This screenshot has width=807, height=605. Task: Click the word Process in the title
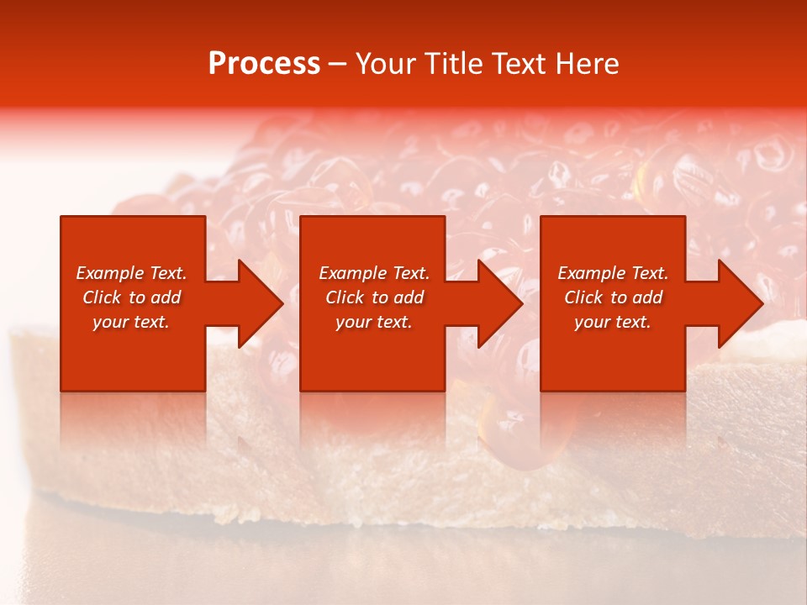[264, 64]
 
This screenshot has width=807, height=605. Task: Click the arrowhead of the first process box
[261, 303]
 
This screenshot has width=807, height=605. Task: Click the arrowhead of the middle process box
[500, 303]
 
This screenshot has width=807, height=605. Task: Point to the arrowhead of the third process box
[740, 303]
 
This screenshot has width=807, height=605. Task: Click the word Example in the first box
[109, 273]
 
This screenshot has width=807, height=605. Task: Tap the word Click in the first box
[102, 297]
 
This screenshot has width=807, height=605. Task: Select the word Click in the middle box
[345, 297]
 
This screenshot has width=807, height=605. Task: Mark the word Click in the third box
[583, 297]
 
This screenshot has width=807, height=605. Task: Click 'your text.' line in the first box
[131, 322]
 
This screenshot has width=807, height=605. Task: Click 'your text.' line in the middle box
[374, 322]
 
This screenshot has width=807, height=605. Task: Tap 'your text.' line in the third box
[613, 322]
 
